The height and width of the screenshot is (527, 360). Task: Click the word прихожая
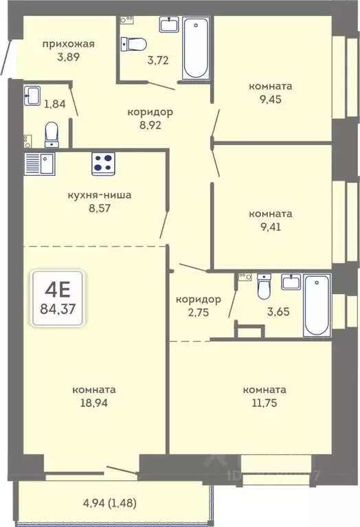pyautogui.click(x=68, y=45)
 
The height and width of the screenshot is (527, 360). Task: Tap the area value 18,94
pyautogui.click(x=94, y=403)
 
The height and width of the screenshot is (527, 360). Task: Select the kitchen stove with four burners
pyautogui.click(x=103, y=164)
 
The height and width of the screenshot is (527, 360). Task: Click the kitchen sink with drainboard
pyautogui.click(x=39, y=164)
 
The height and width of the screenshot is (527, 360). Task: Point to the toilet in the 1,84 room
pyautogui.click(x=52, y=135)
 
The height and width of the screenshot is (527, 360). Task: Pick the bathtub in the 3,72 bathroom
pyautogui.click(x=196, y=48)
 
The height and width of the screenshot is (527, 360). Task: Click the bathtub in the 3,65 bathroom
pyautogui.click(x=317, y=305)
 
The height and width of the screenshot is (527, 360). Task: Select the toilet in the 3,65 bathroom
pyautogui.click(x=264, y=286)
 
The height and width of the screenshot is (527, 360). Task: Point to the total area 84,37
pyautogui.click(x=58, y=309)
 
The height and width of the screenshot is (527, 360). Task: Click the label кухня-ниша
pyautogui.click(x=100, y=195)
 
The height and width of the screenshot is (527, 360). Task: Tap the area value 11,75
pyautogui.click(x=265, y=403)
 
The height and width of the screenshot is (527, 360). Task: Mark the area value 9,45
pyautogui.click(x=271, y=100)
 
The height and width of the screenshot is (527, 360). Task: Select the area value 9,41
pyautogui.click(x=271, y=227)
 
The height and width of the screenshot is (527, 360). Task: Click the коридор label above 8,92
pyautogui.click(x=150, y=112)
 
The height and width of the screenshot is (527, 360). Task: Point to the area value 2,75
pyautogui.click(x=199, y=312)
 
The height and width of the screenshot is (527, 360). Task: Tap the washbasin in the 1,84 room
pyautogui.click(x=32, y=96)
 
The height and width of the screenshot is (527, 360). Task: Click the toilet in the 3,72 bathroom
pyautogui.click(x=134, y=44)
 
